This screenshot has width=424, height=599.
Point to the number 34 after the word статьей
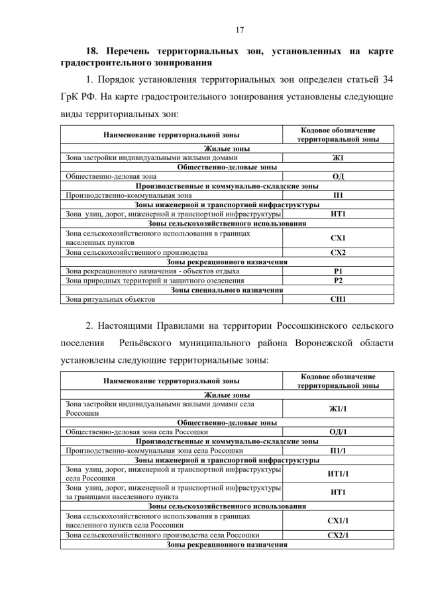pos(389,79)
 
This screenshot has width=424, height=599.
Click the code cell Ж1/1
pos(338,408)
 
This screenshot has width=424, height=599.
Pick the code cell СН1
pos(338,299)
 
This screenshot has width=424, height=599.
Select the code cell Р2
pos(338,281)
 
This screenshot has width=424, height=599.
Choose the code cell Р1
pos(338,271)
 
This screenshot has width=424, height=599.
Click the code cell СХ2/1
pos(338,534)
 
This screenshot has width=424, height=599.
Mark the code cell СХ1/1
pos(338,520)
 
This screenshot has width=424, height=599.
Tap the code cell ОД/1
pos(338,432)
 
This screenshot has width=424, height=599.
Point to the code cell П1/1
pos(338,450)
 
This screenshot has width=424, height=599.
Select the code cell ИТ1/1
pos(338,474)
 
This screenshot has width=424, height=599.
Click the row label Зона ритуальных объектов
pos(110,299)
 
